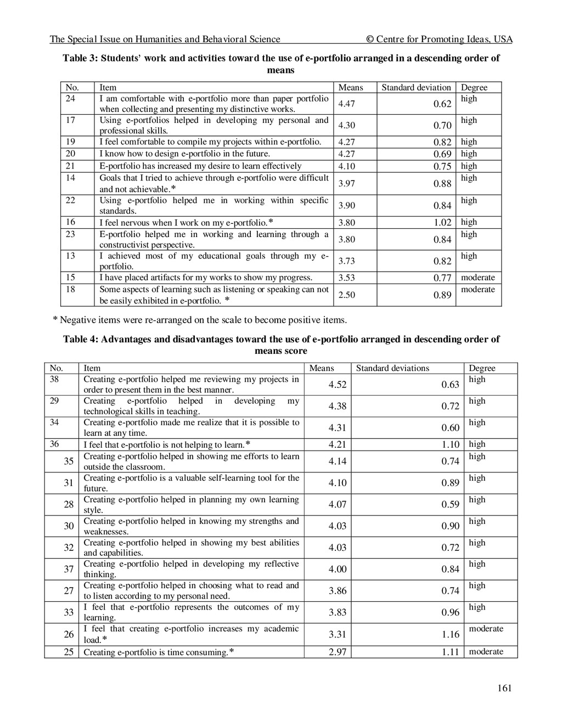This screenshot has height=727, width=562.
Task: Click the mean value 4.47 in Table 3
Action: pyautogui.click(x=346, y=104)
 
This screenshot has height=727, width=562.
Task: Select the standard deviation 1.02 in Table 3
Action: pyautogui.click(x=442, y=223)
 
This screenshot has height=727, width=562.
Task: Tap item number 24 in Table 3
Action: pyautogui.click(x=70, y=99)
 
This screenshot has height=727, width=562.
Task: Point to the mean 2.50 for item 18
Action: pyautogui.click(x=346, y=295)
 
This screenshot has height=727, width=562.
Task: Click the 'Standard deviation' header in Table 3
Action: pyautogui.click(x=416, y=87)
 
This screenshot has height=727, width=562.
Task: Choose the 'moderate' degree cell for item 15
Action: pyautogui.click(x=477, y=278)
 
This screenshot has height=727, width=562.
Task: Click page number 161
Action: pyautogui.click(x=504, y=688)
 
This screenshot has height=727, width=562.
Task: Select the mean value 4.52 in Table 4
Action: pyautogui.click(x=338, y=385)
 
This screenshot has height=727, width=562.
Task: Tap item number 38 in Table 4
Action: pyautogui.click(x=54, y=379)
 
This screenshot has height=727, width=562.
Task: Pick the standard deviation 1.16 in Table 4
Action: pyautogui.click(x=450, y=634)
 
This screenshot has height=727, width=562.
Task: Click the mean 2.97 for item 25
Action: pyautogui.click(x=338, y=652)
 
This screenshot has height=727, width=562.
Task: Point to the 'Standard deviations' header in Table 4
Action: pyautogui.click(x=392, y=368)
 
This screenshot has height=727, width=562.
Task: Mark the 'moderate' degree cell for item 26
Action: pyautogui.click(x=486, y=629)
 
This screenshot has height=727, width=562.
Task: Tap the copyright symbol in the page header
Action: pyautogui.click(x=369, y=39)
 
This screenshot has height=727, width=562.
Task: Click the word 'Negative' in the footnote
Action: pyautogui.click(x=77, y=320)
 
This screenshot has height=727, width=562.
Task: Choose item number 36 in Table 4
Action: pyautogui.click(x=54, y=444)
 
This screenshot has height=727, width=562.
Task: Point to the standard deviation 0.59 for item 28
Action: pyautogui.click(x=450, y=504)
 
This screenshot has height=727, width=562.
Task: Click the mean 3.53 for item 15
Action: pyautogui.click(x=346, y=278)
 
